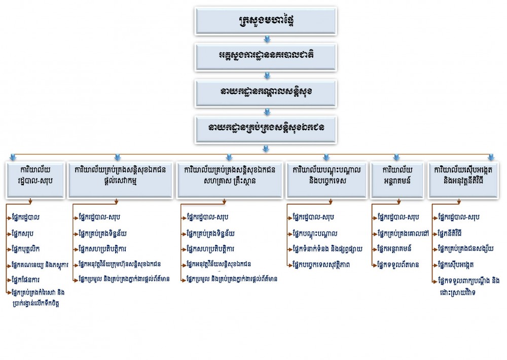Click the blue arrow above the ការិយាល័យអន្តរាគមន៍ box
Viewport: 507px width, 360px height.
point(396,157)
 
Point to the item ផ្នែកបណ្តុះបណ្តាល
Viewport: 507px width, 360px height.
point(315,233)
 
